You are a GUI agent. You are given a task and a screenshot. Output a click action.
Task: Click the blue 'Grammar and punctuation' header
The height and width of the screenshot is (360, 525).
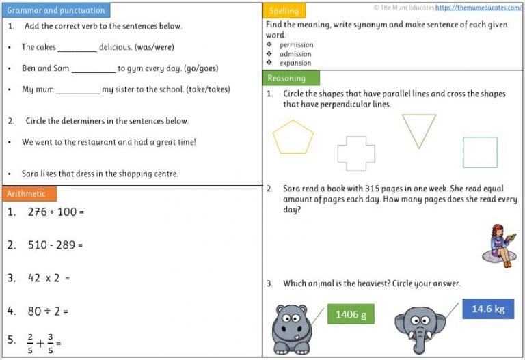click(x=55, y=10)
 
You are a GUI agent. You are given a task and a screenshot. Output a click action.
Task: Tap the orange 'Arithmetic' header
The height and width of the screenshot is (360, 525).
click(x=29, y=194)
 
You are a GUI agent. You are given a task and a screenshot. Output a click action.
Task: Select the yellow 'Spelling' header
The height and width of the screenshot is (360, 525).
click(x=284, y=11)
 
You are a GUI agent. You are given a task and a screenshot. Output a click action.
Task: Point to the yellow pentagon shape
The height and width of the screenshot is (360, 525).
click(x=293, y=137)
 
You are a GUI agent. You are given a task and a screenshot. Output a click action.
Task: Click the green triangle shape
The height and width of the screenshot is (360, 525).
click(x=418, y=128)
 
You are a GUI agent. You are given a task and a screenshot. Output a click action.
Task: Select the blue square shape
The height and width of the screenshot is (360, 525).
click(x=480, y=152)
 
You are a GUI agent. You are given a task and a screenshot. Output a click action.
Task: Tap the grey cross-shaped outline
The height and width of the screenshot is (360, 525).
click(x=356, y=154)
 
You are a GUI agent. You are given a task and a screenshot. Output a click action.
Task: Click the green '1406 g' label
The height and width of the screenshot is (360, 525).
click(x=351, y=314)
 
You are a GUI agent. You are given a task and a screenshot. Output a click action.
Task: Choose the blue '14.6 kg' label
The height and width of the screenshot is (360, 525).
click(x=487, y=309)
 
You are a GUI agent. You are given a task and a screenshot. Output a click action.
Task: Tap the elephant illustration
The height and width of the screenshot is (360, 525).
click(x=420, y=329)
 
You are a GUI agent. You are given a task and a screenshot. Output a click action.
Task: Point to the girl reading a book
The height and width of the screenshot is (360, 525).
click(x=503, y=245)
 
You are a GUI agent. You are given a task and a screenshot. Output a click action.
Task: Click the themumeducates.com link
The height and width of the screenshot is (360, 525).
click(x=479, y=8)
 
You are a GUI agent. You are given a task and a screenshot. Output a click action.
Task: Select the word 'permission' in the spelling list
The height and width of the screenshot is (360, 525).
click(x=295, y=45)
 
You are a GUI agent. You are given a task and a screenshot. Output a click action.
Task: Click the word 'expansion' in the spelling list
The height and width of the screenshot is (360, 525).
click(x=295, y=63)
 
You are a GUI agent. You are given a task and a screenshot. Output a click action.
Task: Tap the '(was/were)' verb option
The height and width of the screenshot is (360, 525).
click(x=154, y=47)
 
